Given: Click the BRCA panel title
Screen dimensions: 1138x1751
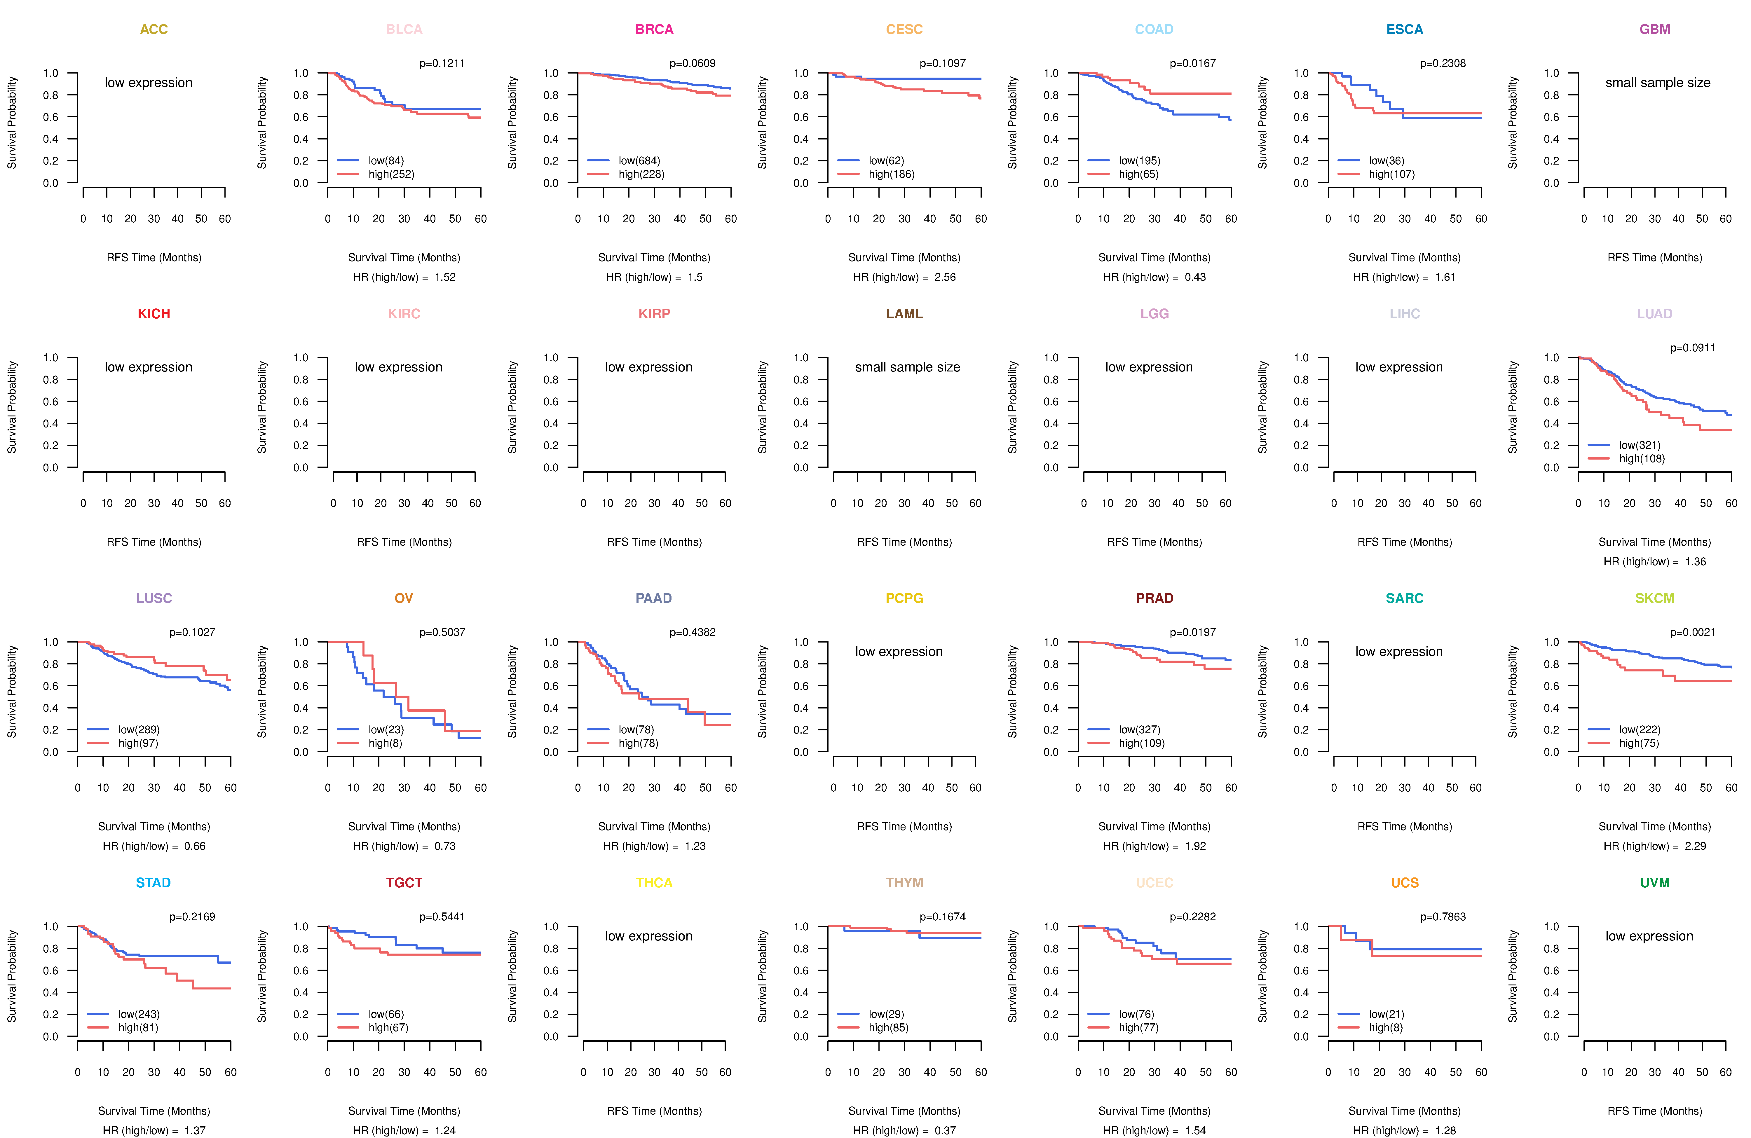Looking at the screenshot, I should pos(654,29).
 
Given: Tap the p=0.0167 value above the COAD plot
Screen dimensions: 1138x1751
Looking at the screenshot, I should pos(1193,63).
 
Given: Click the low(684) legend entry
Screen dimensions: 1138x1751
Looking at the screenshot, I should pos(639,160).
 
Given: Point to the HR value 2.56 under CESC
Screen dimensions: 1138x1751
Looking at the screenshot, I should pos(945,277).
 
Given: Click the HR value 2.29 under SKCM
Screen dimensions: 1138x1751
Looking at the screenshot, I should pos(1695,846).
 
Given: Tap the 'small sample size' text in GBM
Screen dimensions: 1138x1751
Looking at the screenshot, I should pos(1658,82).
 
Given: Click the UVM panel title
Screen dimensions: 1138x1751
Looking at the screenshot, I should pos(1655,883).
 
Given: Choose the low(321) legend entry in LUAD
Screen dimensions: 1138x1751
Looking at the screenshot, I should pos(1639,445).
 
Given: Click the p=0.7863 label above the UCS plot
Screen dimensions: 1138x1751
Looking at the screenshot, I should pos(1443,917).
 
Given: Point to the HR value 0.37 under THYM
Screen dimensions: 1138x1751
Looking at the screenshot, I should pos(945,1131).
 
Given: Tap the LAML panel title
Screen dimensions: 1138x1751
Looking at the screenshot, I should pos(904,314).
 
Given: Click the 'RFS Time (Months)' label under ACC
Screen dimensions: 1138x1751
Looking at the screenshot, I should pos(154,257).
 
